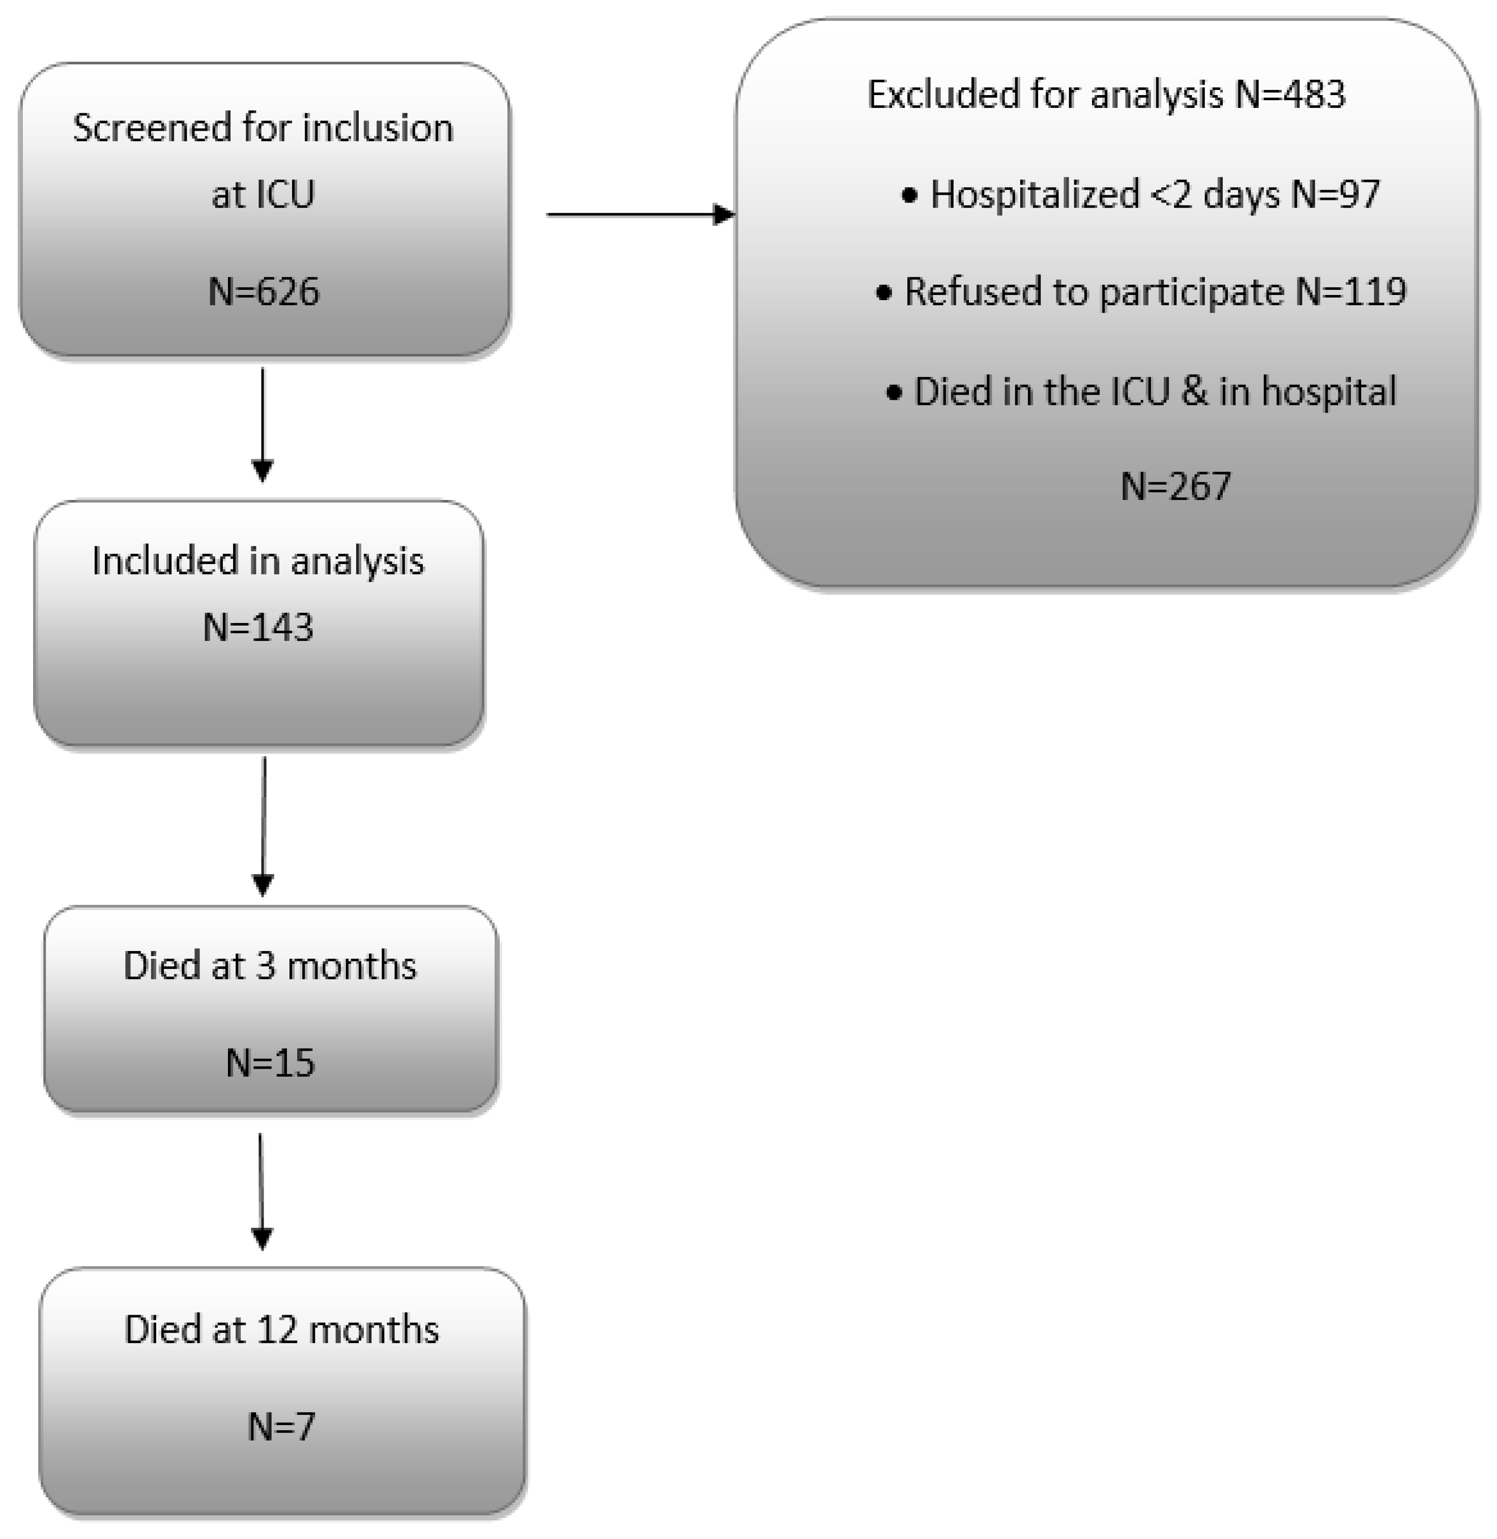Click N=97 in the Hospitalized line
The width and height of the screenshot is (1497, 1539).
pos(1335,194)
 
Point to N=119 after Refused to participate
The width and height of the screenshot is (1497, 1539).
pos(1350,291)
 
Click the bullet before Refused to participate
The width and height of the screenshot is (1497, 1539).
pos(884,293)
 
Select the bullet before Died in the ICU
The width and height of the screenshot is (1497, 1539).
pos(894,392)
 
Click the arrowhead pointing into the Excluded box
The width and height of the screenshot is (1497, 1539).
pos(724,214)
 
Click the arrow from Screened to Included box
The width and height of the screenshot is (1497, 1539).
pos(263,425)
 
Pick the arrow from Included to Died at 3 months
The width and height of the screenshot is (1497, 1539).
pos(264,825)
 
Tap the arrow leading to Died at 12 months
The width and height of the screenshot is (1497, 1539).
pos(261,1191)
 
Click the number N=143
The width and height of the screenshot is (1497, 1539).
pos(258,627)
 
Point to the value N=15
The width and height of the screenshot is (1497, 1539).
pos(270,1062)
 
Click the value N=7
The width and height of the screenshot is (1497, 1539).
pos(281,1427)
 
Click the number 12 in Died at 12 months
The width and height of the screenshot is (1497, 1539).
pos(277,1330)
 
